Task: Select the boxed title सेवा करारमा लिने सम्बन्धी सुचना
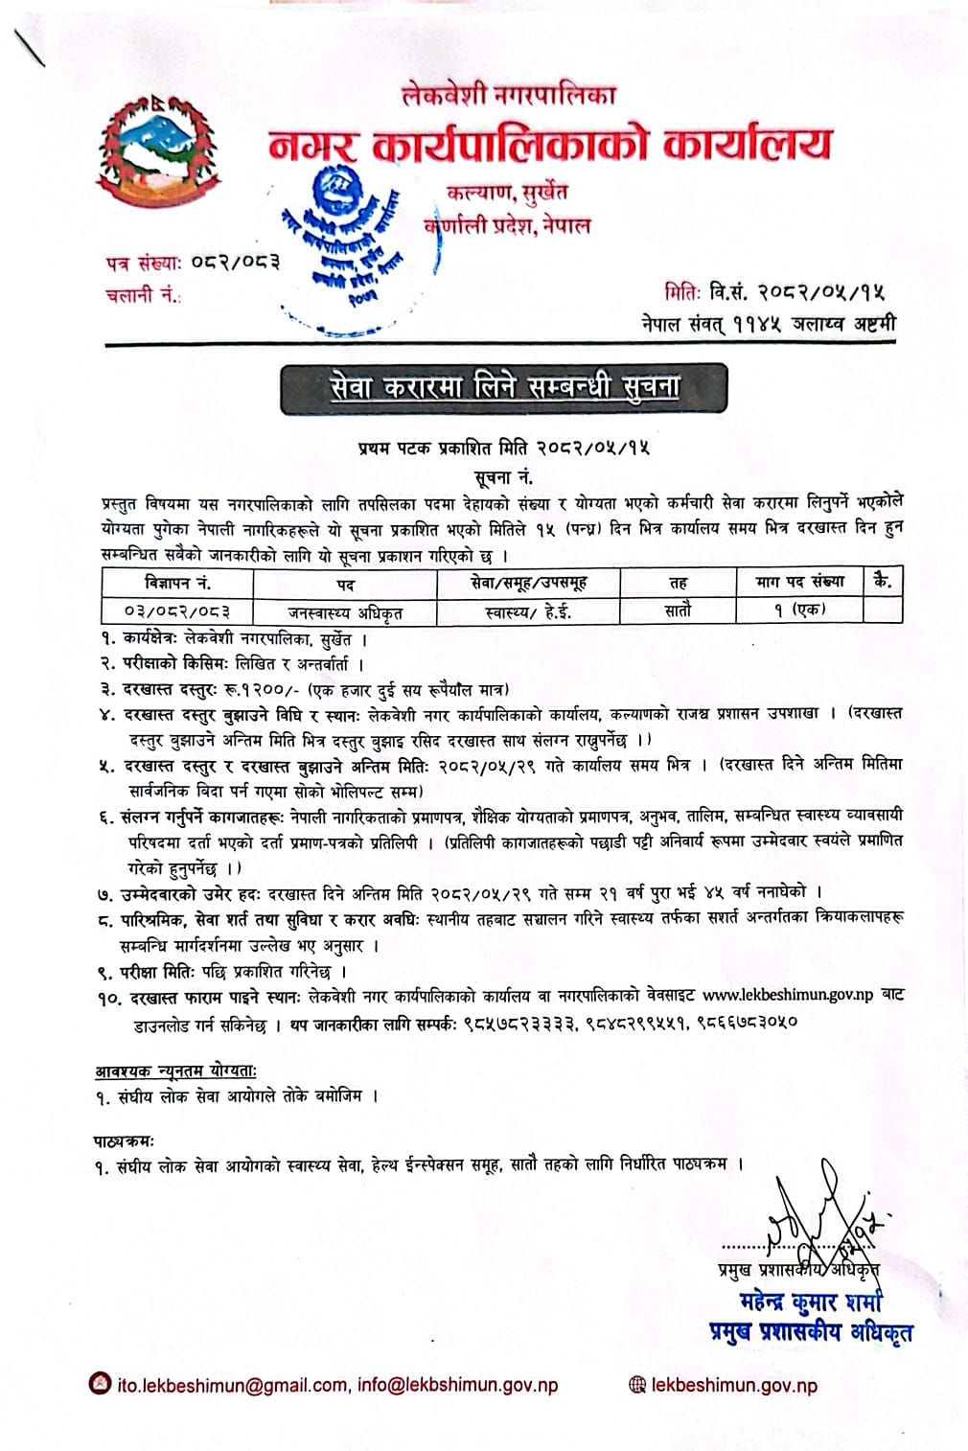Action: (x=505, y=387)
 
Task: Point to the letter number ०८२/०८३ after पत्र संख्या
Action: (x=234, y=262)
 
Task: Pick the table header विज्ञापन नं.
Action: (x=178, y=583)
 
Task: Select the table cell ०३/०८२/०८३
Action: (x=177, y=610)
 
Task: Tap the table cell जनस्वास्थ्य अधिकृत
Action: (x=346, y=610)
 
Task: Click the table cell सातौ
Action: (x=677, y=610)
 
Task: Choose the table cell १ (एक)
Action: (x=799, y=610)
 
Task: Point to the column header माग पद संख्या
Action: (x=799, y=582)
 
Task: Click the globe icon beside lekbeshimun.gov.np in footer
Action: (x=637, y=1385)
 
